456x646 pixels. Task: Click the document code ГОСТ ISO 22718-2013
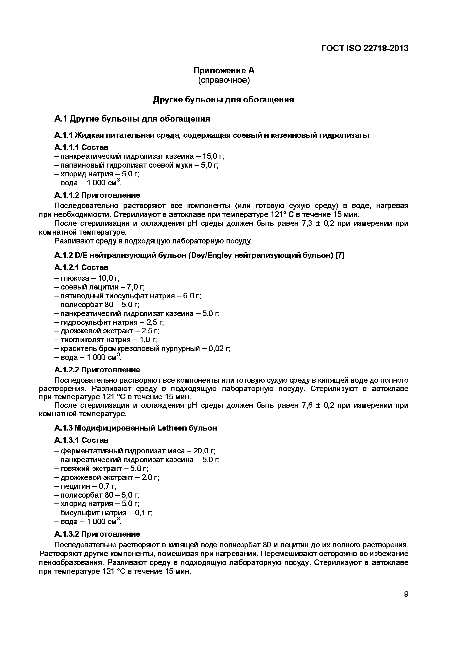tap(365, 48)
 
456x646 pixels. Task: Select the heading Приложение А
tap(224, 70)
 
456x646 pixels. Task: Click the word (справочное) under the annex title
tap(224, 80)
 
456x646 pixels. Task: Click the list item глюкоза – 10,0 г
tap(87, 278)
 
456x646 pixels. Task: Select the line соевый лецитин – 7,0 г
tap(100, 287)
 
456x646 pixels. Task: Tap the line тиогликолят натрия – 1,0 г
tap(106, 340)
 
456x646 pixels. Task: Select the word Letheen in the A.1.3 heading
tap(172, 428)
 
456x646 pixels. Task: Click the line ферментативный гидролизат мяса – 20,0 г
tap(135, 451)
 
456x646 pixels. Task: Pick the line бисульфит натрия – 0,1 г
tap(103, 513)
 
